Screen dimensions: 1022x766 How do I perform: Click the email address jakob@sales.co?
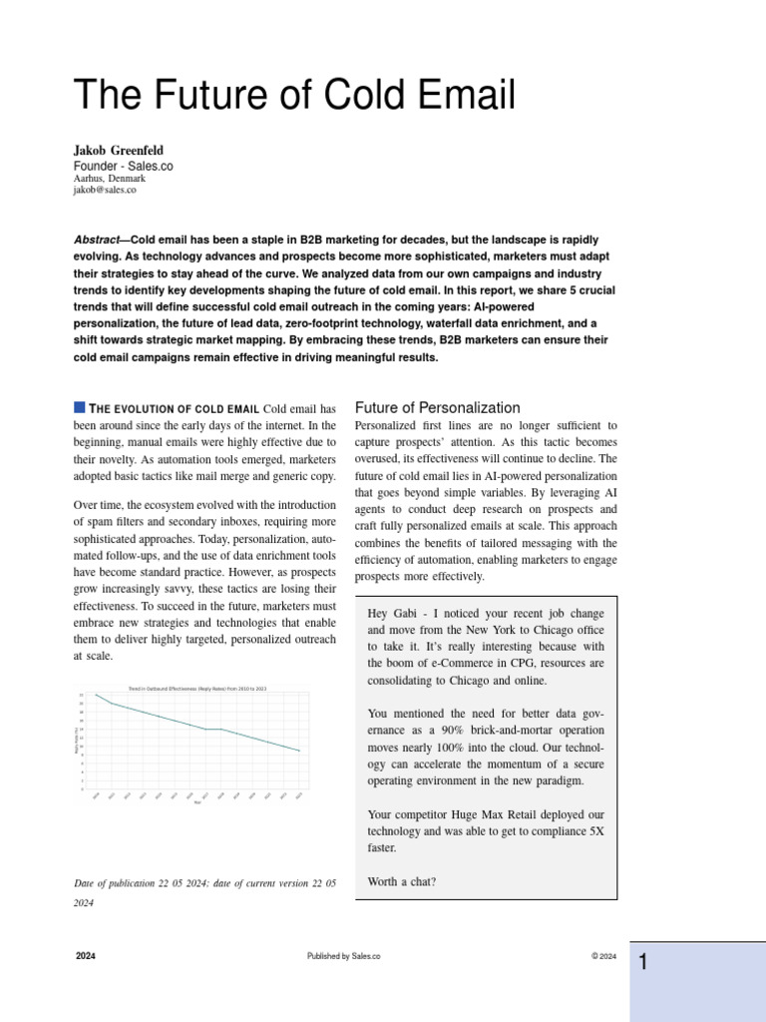point(105,190)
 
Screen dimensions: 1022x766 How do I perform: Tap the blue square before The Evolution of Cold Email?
point(80,407)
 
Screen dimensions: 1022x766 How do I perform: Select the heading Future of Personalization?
point(438,407)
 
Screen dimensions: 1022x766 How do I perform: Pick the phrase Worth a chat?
point(402,881)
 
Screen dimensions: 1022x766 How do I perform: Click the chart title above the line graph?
point(196,689)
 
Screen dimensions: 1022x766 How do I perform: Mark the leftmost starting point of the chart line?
point(96,695)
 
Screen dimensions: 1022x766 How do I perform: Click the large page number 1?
point(644,963)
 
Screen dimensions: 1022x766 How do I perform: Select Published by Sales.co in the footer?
point(344,956)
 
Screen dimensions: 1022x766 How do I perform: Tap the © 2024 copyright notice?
point(603,956)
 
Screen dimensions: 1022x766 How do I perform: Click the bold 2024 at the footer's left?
point(86,956)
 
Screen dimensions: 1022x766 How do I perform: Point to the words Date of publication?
point(114,883)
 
